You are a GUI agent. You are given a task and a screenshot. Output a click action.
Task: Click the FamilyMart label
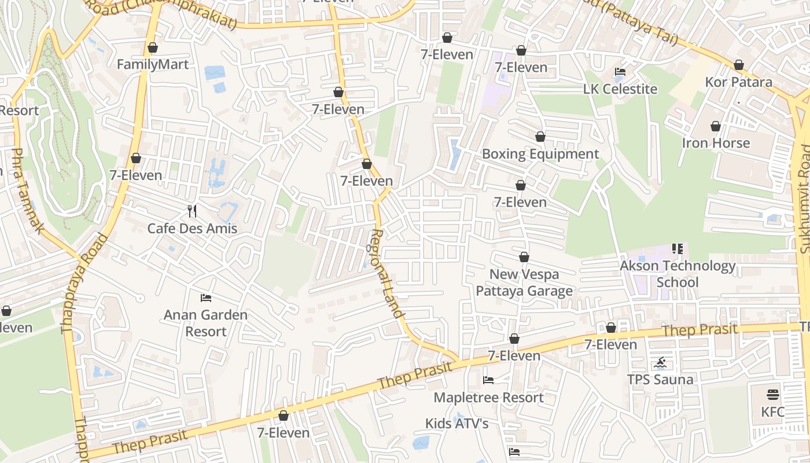[x=153, y=64]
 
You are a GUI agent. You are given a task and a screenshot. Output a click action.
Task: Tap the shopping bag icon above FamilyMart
[x=153, y=47]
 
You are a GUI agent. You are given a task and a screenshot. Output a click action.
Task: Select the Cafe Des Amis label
[x=192, y=228]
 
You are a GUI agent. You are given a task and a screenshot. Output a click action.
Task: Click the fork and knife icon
[x=193, y=211]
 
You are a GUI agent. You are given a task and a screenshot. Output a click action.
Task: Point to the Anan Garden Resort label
[x=205, y=323]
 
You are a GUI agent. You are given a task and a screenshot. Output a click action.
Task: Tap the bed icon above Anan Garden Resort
[x=206, y=298]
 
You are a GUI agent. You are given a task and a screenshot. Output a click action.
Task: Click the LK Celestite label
[x=620, y=89]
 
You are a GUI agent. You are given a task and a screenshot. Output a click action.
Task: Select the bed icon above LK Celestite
[x=620, y=72]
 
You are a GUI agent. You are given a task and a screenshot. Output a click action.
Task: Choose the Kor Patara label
[x=738, y=82]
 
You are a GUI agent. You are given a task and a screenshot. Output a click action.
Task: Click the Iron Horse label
[x=716, y=143]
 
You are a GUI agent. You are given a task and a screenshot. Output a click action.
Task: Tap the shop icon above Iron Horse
[x=716, y=126]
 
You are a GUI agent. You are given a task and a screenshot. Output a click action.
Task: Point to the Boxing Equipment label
[x=540, y=154]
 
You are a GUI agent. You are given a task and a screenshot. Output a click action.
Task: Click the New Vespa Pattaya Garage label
[x=524, y=282]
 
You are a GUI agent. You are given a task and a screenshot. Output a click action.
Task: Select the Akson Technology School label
[x=678, y=274]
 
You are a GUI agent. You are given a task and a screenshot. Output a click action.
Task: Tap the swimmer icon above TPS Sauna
[x=660, y=363]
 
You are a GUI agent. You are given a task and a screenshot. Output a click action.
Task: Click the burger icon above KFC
[x=773, y=395]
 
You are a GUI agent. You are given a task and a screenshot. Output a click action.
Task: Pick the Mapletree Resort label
[x=488, y=398]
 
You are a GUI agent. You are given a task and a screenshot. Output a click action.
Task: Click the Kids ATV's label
[x=457, y=424]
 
